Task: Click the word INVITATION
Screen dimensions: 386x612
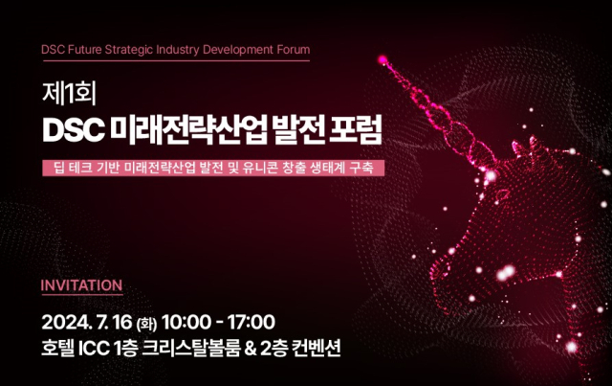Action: tap(81, 285)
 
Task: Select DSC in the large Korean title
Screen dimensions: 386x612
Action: tap(74, 127)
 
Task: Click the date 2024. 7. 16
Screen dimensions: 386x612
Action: tap(99, 321)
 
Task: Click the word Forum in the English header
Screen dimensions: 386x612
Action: tap(291, 49)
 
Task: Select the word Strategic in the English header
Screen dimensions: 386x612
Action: tap(131, 49)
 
